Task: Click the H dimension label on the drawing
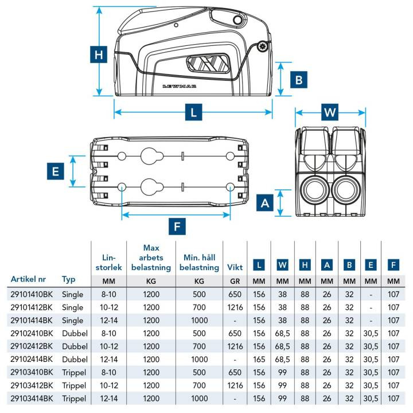click(99, 55)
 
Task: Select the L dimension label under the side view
click(194, 112)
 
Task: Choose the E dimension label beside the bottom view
click(54, 171)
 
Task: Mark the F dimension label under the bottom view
click(177, 227)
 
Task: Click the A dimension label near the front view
click(265, 202)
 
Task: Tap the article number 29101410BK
click(32, 294)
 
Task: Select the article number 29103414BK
click(32, 398)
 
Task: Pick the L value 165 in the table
click(259, 359)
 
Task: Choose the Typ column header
click(69, 279)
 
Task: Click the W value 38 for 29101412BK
click(282, 307)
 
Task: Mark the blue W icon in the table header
click(282, 265)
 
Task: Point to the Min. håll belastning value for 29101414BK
click(199, 320)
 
